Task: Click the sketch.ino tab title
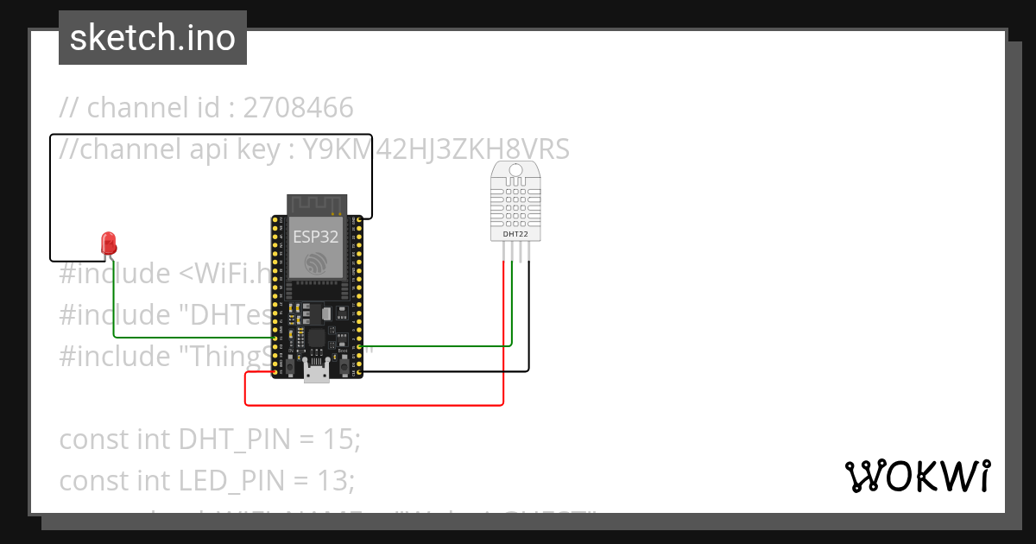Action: point(153,38)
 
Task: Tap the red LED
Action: point(108,242)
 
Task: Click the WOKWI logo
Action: point(917,477)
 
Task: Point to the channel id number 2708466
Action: point(299,108)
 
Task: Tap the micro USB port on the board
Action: point(317,374)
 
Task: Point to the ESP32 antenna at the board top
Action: point(317,204)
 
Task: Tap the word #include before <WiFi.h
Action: point(115,274)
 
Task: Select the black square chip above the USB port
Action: point(317,338)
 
